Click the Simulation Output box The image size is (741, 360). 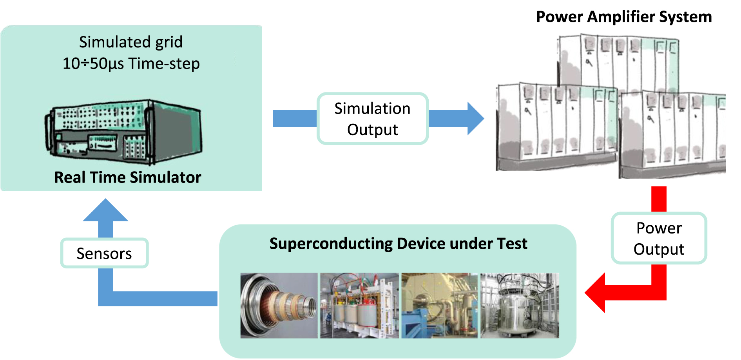pyautogui.click(x=372, y=119)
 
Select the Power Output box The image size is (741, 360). pyautogui.click(x=659, y=238)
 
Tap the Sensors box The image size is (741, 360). pyautogui.click(x=104, y=253)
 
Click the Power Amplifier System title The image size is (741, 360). pyautogui.click(x=623, y=17)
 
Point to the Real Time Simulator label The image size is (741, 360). pyautogui.click(x=127, y=177)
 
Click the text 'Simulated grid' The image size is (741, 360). pyautogui.click(x=130, y=42)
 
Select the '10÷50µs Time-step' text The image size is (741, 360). pyautogui.click(x=131, y=63)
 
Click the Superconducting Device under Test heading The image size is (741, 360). pyautogui.click(x=398, y=244)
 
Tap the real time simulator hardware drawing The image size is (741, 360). pyautogui.click(x=124, y=131)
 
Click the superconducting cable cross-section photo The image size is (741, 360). pyautogui.click(x=279, y=306)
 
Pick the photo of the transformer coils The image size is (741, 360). pyautogui.click(x=359, y=306)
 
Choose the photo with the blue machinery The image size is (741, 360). pyautogui.click(x=439, y=306)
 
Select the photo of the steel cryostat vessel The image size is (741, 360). pyautogui.click(x=520, y=306)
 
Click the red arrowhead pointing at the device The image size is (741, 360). pyautogui.click(x=596, y=293)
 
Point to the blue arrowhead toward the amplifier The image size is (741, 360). pyautogui.click(x=475, y=118)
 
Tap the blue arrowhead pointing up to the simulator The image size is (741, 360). pyautogui.click(x=105, y=210)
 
